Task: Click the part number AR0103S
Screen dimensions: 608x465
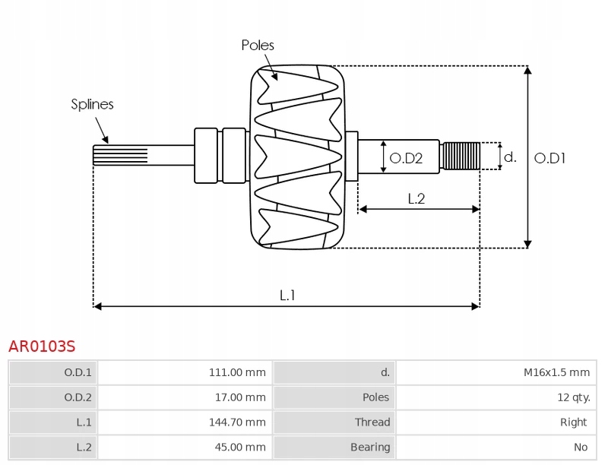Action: click(x=42, y=346)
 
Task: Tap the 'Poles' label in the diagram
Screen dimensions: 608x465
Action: click(x=258, y=46)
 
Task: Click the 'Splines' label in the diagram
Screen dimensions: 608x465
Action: click(x=92, y=104)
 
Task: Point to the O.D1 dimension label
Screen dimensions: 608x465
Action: click(x=549, y=158)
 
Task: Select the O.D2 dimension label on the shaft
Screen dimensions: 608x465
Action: click(x=406, y=158)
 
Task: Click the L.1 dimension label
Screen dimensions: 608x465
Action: click(x=287, y=296)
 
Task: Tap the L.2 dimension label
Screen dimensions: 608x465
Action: click(x=416, y=198)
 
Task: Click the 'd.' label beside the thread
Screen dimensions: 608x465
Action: click(x=510, y=157)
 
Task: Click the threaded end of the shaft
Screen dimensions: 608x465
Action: click(x=461, y=156)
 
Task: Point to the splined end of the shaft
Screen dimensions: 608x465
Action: click(x=120, y=155)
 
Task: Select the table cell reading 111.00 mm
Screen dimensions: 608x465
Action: click(x=237, y=372)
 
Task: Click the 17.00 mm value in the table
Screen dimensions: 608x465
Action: click(x=240, y=397)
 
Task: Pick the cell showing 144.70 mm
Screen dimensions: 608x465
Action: click(x=237, y=422)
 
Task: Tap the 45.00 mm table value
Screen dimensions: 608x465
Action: click(x=240, y=448)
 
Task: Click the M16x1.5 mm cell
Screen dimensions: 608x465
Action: click(x=557, y=372)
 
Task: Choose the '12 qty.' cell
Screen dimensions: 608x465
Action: click(x=574, y=397)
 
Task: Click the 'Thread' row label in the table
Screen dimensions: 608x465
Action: click(x=372, y=422)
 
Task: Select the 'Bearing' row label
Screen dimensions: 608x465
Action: click(x=370, y=448)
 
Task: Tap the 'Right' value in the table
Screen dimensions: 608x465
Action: click(x=574, y=422)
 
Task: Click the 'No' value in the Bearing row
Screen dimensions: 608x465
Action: click(x=581, y=448)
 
